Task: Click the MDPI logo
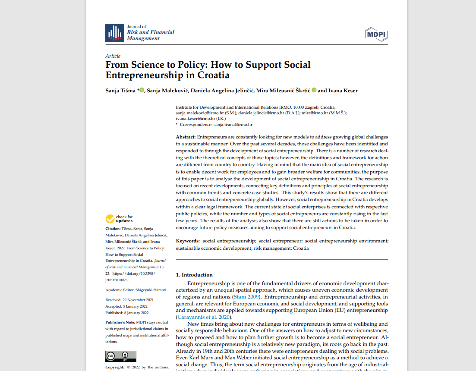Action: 376,34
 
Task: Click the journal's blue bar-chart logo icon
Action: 115,33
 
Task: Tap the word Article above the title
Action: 113,56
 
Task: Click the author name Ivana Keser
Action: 343,91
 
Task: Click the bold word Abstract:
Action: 186,137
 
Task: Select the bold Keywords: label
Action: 188,241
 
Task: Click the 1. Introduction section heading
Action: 194,275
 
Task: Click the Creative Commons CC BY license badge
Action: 121,356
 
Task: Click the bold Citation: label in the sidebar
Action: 113,229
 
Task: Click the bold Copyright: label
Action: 114,367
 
